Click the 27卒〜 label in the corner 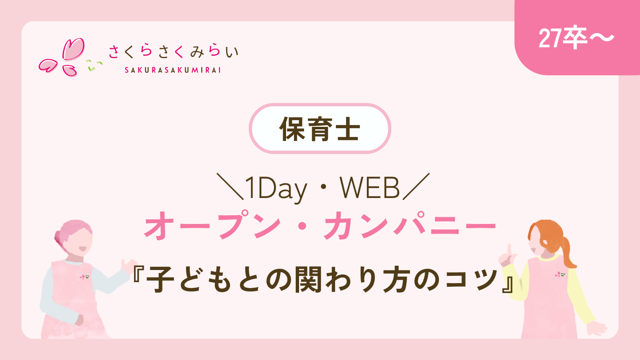576,39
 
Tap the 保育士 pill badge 320,129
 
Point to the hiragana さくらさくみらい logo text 173,51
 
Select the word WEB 369,188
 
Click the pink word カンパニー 410,226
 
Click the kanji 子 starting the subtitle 160,280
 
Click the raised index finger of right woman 509,249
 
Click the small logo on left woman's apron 84,277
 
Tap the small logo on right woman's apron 560,275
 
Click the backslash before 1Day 230,186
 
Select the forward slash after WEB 416,186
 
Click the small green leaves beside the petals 94,65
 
